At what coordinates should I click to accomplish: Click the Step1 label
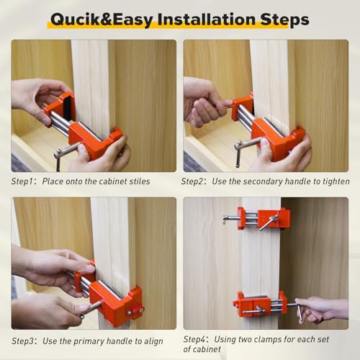pos(25,181)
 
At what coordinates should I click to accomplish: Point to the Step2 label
pos(195,181)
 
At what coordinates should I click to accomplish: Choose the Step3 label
pos(25,341)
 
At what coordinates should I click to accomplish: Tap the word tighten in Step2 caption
pos(334,181)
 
